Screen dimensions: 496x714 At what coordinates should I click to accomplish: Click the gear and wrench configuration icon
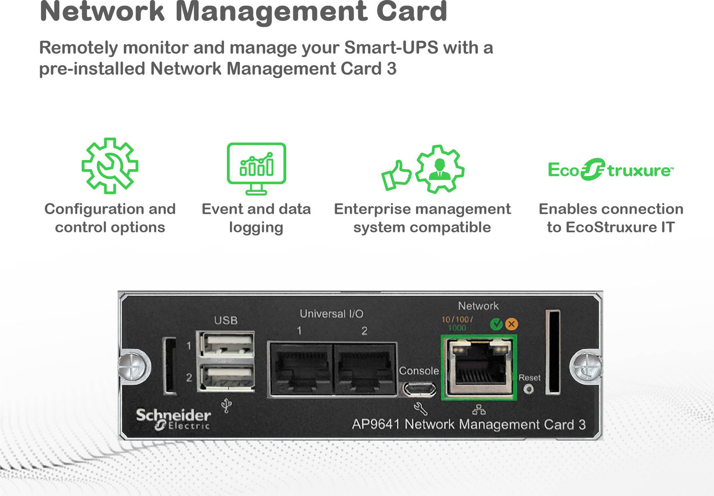pos(110,166)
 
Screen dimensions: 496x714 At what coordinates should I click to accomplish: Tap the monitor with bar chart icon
pos(256,168)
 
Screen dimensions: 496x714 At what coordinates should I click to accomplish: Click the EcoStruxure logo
pos(611,170)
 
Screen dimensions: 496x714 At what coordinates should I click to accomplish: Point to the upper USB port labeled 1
pos(227,344)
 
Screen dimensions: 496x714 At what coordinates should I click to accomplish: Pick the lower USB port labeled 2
pos(227,377)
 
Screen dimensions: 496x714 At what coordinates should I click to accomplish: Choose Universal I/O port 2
pos(365,368)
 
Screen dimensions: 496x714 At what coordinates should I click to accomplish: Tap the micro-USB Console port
pos(419,389)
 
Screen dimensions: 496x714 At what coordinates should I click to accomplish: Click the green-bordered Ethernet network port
pos(479,367)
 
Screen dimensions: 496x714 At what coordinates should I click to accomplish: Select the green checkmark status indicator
pos(496,324)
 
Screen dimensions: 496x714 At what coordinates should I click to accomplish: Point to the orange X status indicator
pos(512,324)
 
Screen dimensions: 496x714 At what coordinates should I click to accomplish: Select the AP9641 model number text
pos(376,424)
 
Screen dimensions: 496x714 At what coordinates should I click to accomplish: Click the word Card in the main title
pos(412,11)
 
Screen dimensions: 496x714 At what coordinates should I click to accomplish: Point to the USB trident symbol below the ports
pos(227,406)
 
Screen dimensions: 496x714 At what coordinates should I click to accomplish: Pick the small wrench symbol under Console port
pos(420,408)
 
